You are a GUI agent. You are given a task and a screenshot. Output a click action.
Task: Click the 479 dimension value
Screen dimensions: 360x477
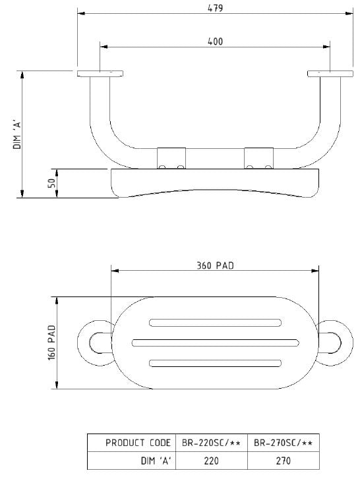click(x=216, y=8)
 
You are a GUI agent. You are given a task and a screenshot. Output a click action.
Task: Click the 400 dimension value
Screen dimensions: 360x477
click(x=216, y=42)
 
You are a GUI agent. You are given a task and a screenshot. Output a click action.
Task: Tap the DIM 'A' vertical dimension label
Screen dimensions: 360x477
click(x=17, y=134)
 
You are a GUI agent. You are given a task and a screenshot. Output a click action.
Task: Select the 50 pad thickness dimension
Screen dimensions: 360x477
click(x=52, y=183)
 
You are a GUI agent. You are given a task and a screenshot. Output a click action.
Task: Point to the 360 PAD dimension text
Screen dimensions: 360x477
click(x=216, y=266)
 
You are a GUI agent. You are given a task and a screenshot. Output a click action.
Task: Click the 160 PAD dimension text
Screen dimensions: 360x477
click(x=52, y=343)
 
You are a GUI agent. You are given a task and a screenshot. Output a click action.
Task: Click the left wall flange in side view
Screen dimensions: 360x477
click(x=100, y=74)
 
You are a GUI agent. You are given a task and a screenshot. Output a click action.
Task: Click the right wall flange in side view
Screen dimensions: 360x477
click(x=330, y=74)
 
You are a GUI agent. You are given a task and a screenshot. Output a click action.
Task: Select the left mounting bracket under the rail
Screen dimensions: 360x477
click(x=171, y=158)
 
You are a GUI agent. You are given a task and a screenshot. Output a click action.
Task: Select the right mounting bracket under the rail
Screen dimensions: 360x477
click(x=259, y=158)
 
